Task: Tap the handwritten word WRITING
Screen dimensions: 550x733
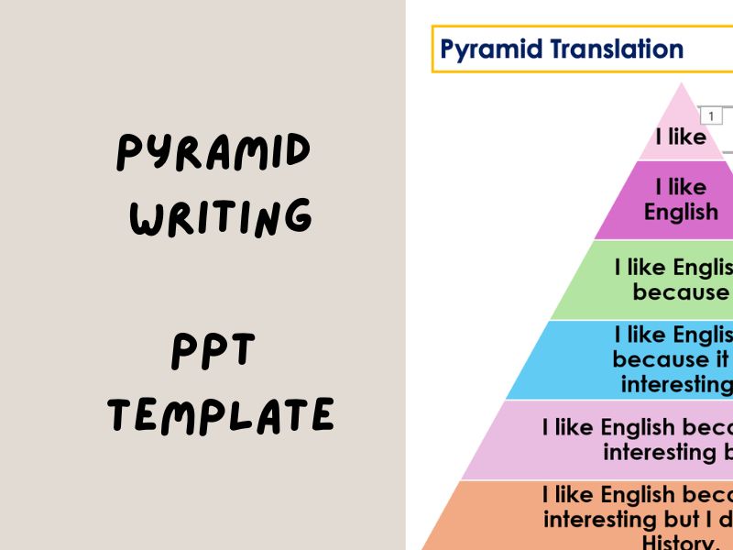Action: pyautogui.click(x=221, y=216)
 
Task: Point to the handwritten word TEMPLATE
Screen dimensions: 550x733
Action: pyautogui.click(x=221, y=415)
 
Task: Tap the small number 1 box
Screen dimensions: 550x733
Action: pyautogui.click(x=710, y=115)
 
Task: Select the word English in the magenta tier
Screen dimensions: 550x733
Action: pyautogui.click(x=681, y=212)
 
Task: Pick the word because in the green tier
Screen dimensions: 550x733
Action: pyautogui.click(x=680, y=291)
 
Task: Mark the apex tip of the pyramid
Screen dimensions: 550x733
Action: pyautogui.click(x=682, y=84)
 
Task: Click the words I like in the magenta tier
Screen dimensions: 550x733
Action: pyautogui.click(x=681, y=187)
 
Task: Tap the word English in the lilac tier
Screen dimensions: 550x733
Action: pyautogui.click(x=640, y=428)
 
